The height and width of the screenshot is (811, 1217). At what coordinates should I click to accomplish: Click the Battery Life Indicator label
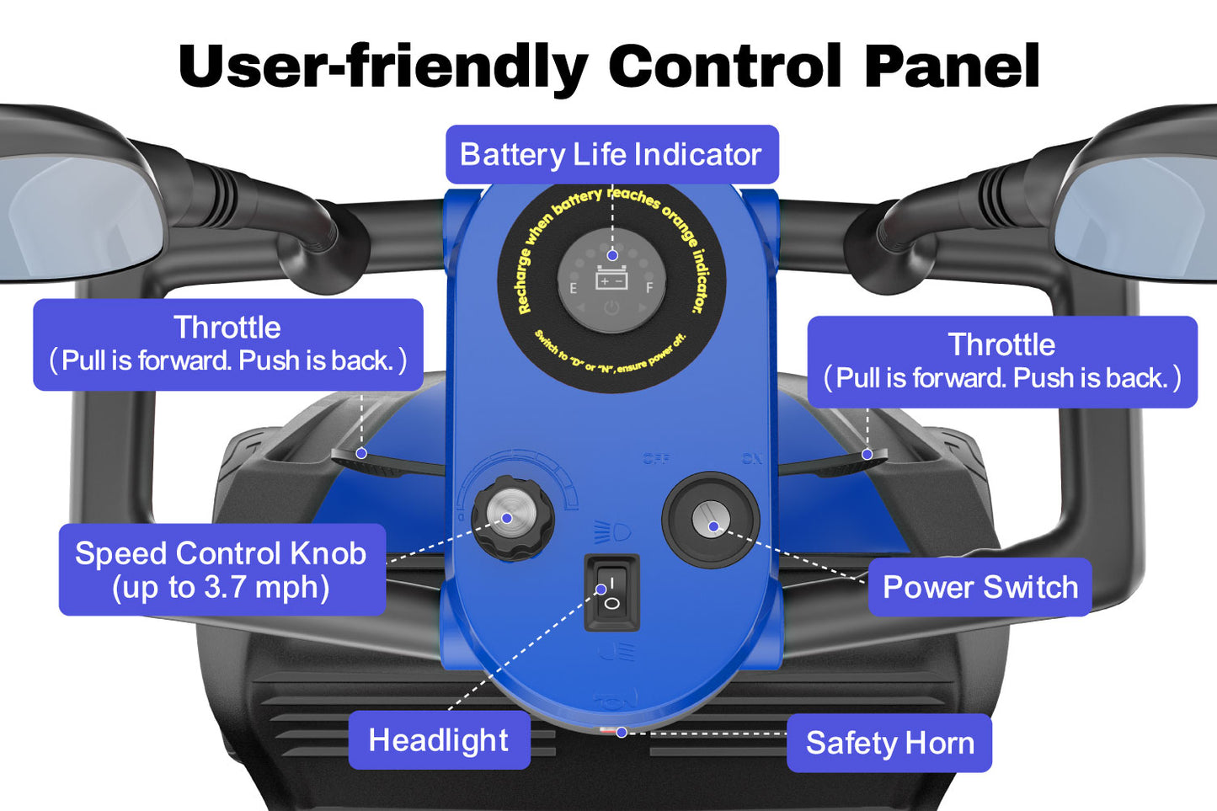click(x=611, y=155)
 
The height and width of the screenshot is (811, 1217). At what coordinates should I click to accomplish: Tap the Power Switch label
click(x=979, y=587)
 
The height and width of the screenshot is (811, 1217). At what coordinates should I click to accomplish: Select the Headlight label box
click(x=439, y=740)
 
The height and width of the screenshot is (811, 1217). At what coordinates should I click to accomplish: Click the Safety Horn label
click(x=889, y=743)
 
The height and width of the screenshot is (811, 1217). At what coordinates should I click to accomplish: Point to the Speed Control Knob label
click(x=222, y=569)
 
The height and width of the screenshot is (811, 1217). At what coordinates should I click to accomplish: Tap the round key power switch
click(x=711, y=520)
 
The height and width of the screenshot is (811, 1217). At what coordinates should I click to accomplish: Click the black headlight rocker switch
click(x=611, y=593)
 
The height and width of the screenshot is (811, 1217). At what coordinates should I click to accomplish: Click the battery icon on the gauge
click(x=611, y=279)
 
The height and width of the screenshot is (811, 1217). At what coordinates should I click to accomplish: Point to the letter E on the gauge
click(x=574, y=289)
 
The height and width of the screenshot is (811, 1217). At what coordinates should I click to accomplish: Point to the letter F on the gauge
click(x=649, y=289)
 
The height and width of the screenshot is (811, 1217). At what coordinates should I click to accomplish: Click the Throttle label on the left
click(x=227, y=328)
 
